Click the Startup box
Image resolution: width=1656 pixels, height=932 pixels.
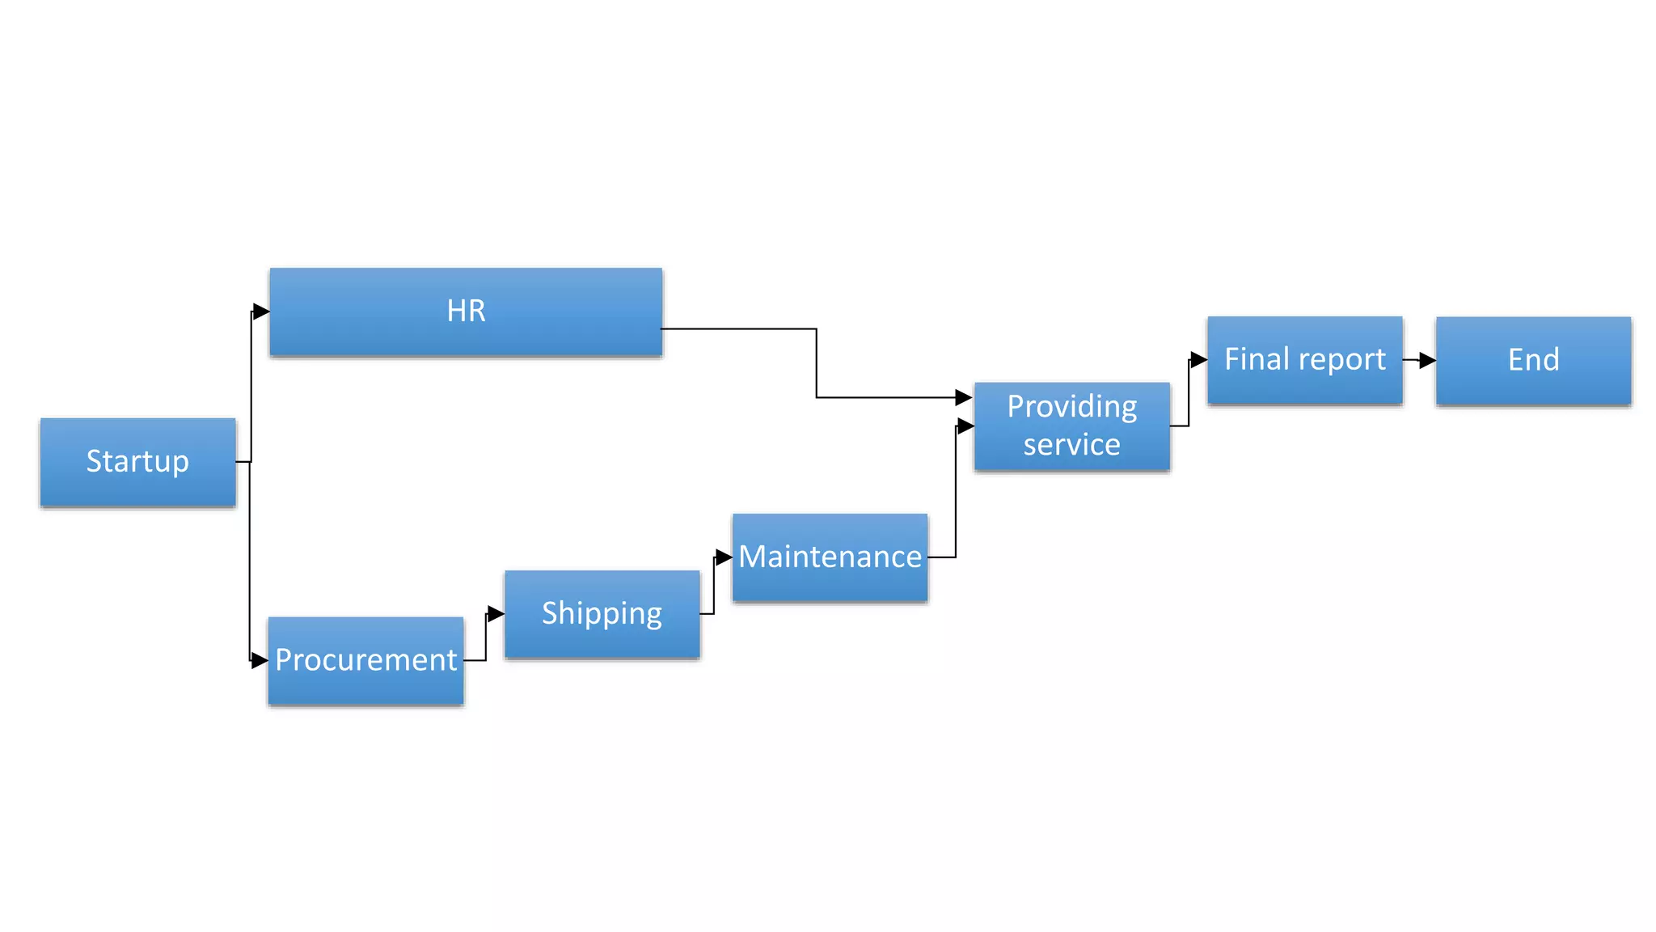(x=137, y=462)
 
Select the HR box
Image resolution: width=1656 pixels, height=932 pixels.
(x=466, y=311)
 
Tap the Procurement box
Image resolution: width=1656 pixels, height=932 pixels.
(x=365, y=661)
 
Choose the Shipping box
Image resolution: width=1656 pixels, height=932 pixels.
(x=602, y=614)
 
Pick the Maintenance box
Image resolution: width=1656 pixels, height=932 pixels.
(x=830, y=557)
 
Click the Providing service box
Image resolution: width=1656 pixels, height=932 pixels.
(x=1071, y=426)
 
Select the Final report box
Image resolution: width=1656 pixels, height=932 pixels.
(x=1304, y=360)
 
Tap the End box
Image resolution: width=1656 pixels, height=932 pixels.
(x=1533, y=360)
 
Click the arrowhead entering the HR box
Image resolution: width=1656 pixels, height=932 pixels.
(x=260, y=311)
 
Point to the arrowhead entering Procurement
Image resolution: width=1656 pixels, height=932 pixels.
(x=259, y=661)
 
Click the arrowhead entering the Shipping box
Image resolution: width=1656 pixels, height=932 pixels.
(x=496, y=614)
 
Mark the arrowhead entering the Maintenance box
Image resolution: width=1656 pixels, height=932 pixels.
(x=724, y=557)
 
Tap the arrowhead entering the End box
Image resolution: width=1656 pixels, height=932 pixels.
(x=1427, y=360)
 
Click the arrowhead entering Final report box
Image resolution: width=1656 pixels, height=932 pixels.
(x=1198, y=360)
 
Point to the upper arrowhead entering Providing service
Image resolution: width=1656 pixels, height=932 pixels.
(x=963, y=397)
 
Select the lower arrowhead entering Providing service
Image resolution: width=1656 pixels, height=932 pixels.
(x=965, y=426)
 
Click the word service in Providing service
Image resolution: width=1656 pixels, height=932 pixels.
(x=1071, y=445)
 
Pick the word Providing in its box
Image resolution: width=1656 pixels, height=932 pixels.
(x=1071, y=406)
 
